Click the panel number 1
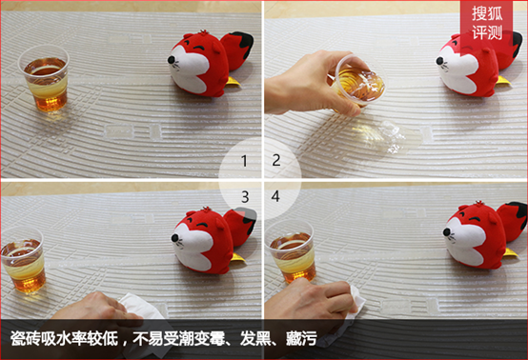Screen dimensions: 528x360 pyautogui.click(x=245, y=161)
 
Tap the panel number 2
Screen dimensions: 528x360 pyautogui.click(x=276, y=160)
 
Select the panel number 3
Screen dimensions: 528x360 pyautogui.click(x=245, y=197)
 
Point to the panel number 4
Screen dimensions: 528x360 pyautogui.click(x=275, y=196)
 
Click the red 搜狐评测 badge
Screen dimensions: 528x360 pyautogui.click(x=487, y=23)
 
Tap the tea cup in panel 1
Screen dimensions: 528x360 pyautogui.click(x=44, y=78)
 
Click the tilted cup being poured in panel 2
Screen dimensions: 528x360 pyautogui.click(x=358, y=81)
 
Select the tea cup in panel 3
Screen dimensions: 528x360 pyautogui.click(x=23, y=259)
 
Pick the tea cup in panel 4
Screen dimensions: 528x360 pyautogui.click(x=292, y=251)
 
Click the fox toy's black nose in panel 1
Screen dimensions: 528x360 pyautogui.click(x=172, y=60)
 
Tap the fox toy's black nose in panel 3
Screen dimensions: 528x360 pyautogui.click(x=174, y=238)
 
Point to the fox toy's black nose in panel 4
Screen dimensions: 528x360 pyautogui.click(x=447, y=231)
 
